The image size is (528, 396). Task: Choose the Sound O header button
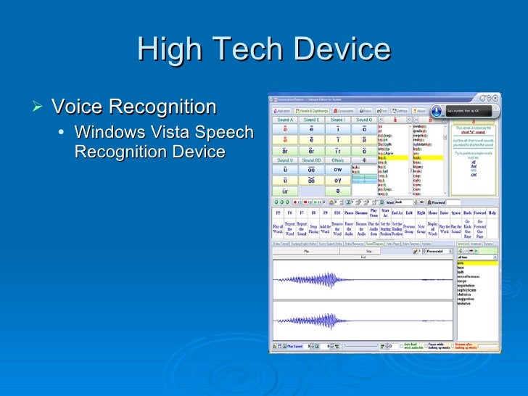[x=363, y=120]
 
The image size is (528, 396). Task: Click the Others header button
[x=337, y=160]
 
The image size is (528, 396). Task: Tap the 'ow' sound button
[x=337, y=170]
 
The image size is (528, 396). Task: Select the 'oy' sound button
[x=337, y=180]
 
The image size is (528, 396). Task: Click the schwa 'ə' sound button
[x=337, y=191]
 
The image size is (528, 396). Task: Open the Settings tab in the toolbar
[x=399, y=111]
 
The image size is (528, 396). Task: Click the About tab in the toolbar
[x=421, y=111]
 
